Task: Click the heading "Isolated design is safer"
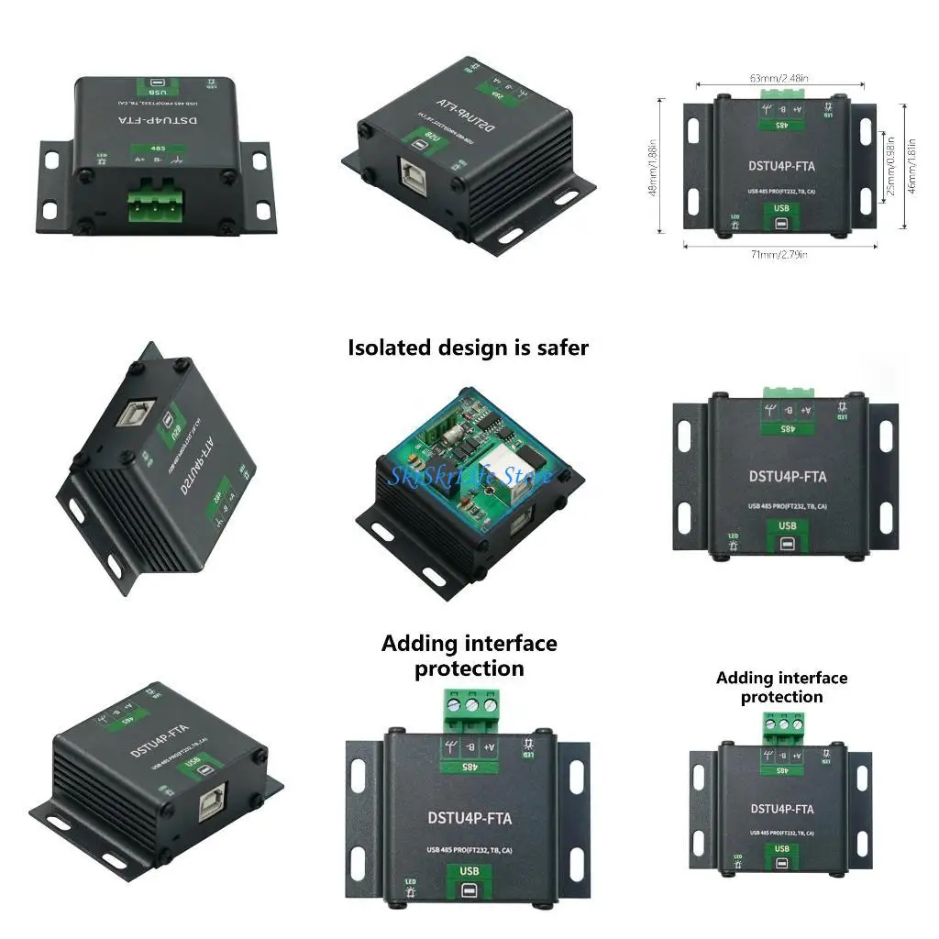click(468, 348)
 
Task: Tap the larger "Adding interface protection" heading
click(469, 656)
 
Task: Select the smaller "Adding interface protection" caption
click(781, 687)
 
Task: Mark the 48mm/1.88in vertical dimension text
click(654, 168)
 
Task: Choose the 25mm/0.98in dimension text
click(887, 168)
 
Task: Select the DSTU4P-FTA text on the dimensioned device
click(780, 168)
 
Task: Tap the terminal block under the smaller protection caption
click(781, 730)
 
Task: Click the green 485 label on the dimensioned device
click(781, 125)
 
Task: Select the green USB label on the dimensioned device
click(781, 208)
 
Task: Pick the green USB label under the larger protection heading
click(469, 870)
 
